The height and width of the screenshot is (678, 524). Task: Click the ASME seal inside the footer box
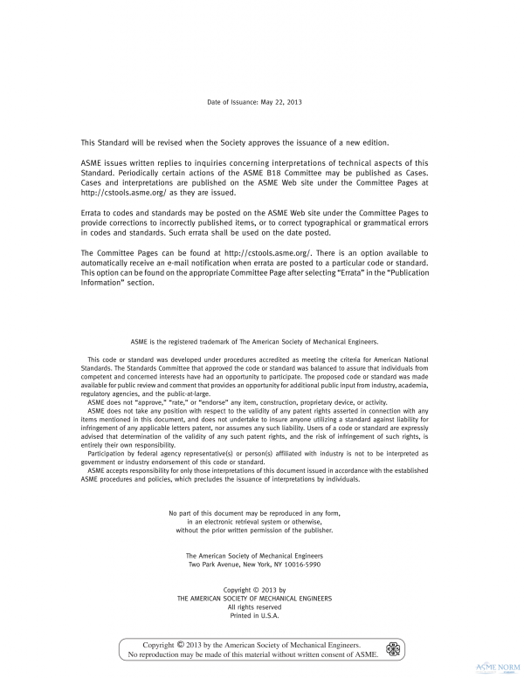tap(393, 649)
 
